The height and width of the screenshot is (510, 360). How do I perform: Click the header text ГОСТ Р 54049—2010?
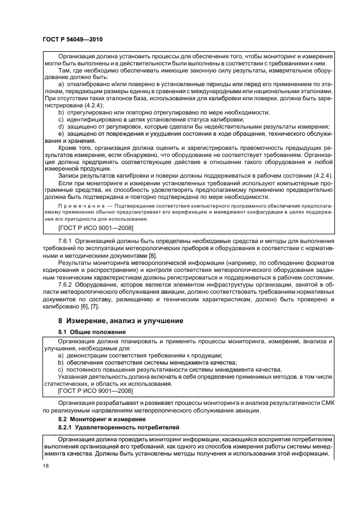click(72, 40)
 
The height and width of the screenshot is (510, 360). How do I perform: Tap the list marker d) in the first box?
click(61, 126)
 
